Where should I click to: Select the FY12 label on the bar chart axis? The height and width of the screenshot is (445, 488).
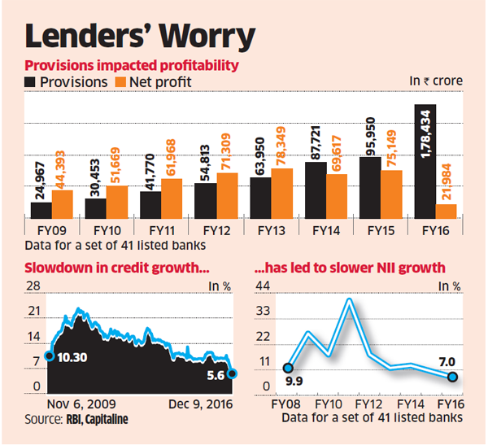tap(206, 229)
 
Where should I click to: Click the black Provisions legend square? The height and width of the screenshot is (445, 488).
tap(31, 81)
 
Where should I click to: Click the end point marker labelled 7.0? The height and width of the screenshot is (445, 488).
tap(453, 377)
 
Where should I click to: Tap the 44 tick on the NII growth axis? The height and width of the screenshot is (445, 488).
tap(261, 286)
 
